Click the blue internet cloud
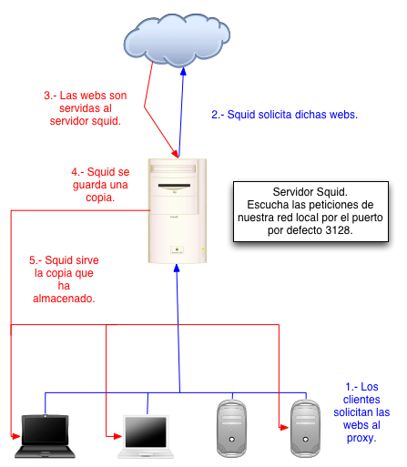coord(177,39)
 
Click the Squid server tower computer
coord(178,210)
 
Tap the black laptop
coord(45,436)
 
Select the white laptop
coord(146,437)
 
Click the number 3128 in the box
coord(338,230)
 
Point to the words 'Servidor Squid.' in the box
coord(310,192)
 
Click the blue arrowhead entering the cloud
coord(183,71)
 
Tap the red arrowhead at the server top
coord(175,153)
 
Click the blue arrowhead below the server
coord(177,268)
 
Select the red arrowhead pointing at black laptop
coord(15,437)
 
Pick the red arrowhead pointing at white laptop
coord(117,437)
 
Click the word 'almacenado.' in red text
coord(64,299)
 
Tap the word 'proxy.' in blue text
coord(361,438)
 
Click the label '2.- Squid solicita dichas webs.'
coord(285,115)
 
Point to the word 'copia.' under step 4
coord(100,198)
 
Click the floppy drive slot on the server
coord(174,186)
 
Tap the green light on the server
coord(203,249)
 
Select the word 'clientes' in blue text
coord(361,400)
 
